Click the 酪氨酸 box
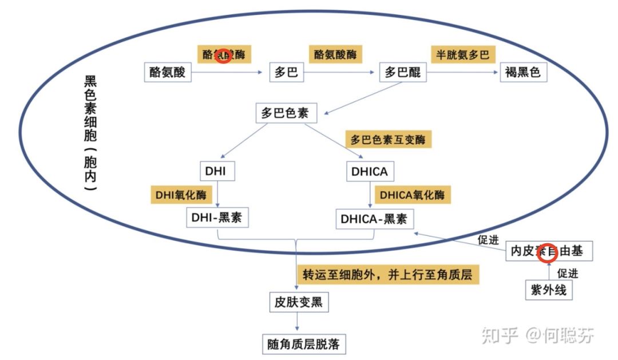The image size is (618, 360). point(167,73)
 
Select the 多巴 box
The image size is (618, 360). point(286,73)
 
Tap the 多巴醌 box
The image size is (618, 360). point(403,73)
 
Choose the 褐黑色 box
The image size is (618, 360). point(523,73)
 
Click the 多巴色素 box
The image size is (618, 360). point(284,113)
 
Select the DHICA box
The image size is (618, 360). point(370,171)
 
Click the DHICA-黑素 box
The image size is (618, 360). point(374,219)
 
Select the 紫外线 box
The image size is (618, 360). point(548,290)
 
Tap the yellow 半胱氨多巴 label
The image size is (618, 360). point(463,55)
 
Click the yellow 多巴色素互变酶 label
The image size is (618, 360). point(389,140)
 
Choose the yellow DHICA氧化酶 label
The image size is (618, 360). point(412,194)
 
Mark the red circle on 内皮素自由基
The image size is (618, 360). point(548,252)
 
